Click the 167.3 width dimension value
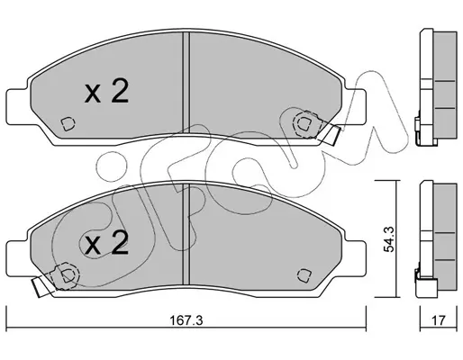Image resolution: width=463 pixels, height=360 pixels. pyautogui.click(x=186, y=320)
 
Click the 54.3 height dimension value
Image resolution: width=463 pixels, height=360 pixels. pyautogui.click(x=390, y=239)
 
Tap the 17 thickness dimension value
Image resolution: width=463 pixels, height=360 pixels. pyautogui.click(x=439, y=320)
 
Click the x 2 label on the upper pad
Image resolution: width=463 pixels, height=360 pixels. pyautogui.click(x=106, y=91)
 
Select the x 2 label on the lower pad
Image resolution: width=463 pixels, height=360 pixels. pyautogui.click(x=106, y=243)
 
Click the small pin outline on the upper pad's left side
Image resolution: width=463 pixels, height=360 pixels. pyautogui.click(x=68, y=123)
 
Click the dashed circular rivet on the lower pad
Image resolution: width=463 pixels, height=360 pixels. pyautogui.click(x=67, y=275)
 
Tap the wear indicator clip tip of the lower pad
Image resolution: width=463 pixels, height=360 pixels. pyautogui.click(x=38, y=286)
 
